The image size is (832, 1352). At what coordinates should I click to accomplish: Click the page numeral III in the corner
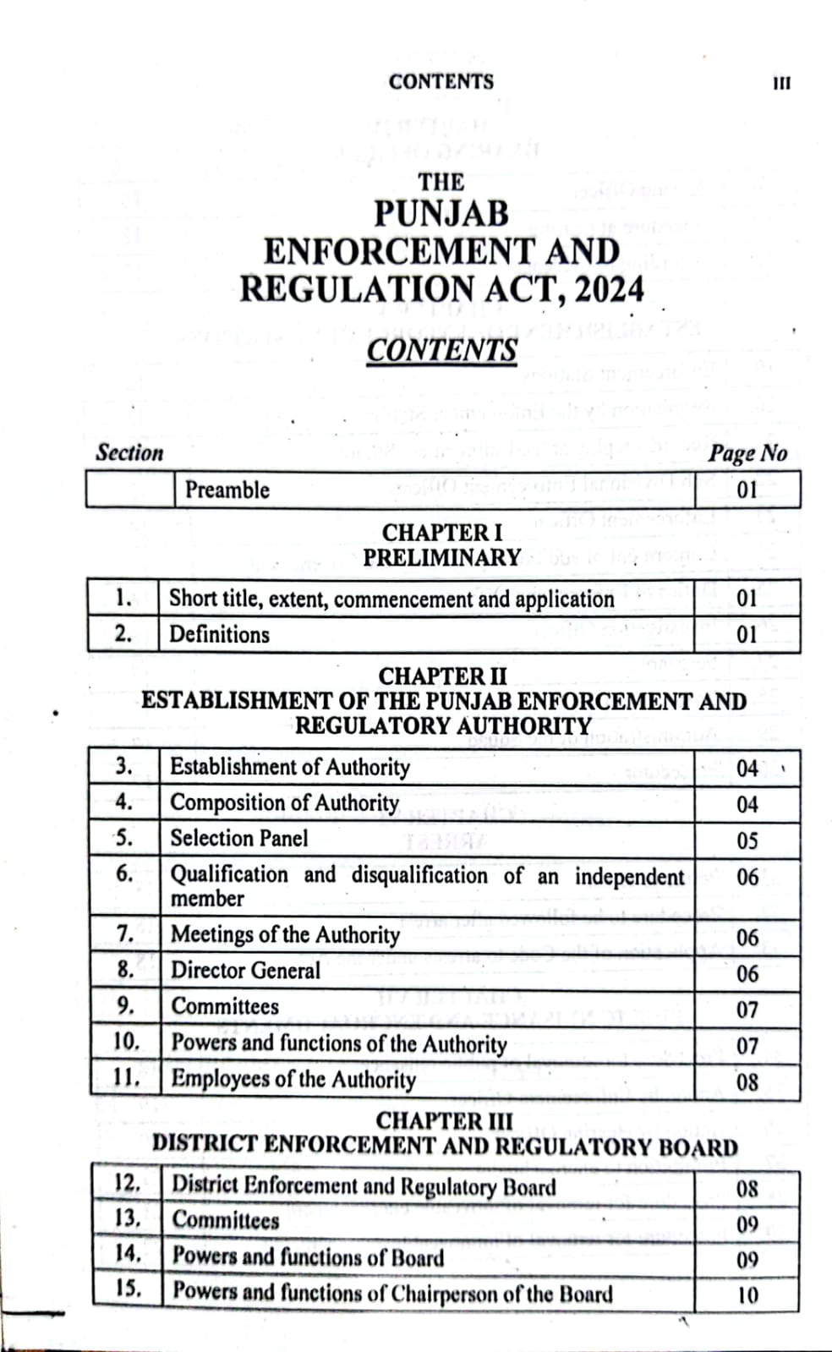coord(781,83)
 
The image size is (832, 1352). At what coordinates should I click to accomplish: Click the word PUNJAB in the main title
coord(441,213)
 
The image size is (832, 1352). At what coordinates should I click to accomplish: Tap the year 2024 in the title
coord(608,289)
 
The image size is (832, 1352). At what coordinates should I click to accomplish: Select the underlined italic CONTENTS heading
coord(441,350)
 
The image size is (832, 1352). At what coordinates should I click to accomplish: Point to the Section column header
coord(129,452)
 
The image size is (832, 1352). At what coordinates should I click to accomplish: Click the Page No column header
coord(747,453)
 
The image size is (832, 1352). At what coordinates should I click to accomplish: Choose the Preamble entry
coord(227,490)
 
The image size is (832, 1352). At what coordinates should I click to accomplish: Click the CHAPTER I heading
coord(441,533)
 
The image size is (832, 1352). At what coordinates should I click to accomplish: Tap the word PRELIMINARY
coord(441,558)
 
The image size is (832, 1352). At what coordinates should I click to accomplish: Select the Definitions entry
coord(219,634)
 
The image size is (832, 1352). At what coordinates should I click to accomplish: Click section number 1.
coord(123,598)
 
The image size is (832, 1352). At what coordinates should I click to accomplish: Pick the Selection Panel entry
coord(239,838)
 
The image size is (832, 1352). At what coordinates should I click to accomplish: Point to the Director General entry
coord(245,970)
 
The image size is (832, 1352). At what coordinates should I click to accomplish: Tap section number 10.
coord(126,1041)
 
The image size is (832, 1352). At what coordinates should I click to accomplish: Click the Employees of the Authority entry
coord(293,1079)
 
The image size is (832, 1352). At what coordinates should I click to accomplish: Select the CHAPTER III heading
coord(444,1120)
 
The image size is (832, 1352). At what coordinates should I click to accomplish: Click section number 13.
coord(128,1218)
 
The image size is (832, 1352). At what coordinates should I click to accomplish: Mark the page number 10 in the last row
coord(747,1295)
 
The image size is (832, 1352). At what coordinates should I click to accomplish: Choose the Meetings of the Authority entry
coord(285,934)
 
